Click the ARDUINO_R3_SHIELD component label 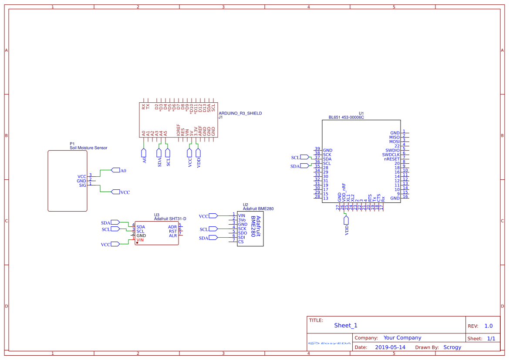[240, 113]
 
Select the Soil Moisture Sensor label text [88, 148]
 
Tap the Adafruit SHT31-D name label [170, 219]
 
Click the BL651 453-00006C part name [346, 118]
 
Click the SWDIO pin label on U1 [392, 150]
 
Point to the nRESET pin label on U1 [391, 159]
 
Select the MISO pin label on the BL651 [394, 137]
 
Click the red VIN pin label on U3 [140, 240]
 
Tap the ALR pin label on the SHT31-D [173, 236]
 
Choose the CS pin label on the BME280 [241, 242]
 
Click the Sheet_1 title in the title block [346, 325]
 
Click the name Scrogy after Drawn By [452, 347]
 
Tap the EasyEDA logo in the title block [330, 343]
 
